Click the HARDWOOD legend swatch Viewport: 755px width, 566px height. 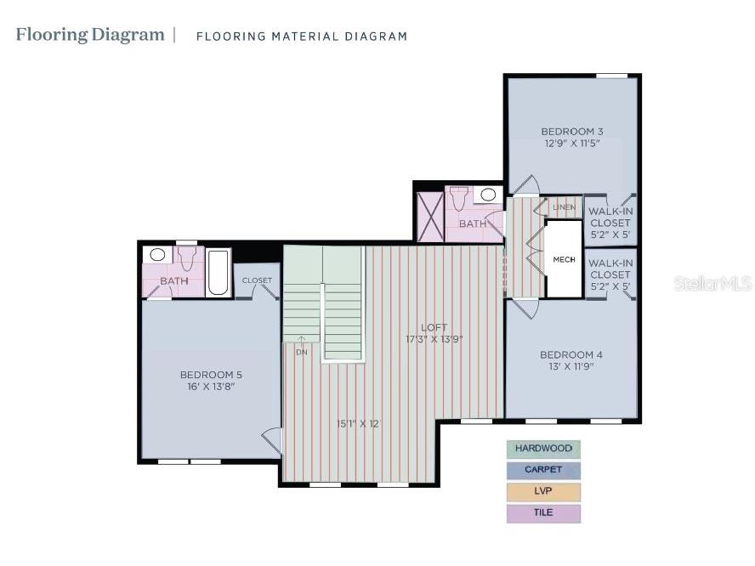[x=543, y=449]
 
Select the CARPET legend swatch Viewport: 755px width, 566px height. [x=543, y=470]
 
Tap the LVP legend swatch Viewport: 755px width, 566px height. [x=543, y=492]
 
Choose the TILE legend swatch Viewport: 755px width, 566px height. [x=543, y=513]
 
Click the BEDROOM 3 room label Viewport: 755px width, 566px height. [x=572, y=131]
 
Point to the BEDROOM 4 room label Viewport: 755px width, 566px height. [x=571, y=354]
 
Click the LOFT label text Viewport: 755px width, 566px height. [x=434, y=327]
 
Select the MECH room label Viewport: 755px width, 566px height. [x=564, y=259]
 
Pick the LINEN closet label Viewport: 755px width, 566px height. [x=564, y=207]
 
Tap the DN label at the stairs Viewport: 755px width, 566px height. [x=301, y=351]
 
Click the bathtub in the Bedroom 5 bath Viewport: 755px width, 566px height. [x=219, y=272]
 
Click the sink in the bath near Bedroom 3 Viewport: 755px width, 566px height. [x=488, y=195]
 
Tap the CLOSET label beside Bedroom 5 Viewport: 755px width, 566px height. [x=257, y=280]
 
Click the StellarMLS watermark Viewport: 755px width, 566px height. [x=712, y=284]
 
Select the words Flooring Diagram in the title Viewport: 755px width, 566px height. [x=90, y=35]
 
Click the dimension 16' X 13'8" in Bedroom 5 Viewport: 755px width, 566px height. [x=211, y=387]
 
